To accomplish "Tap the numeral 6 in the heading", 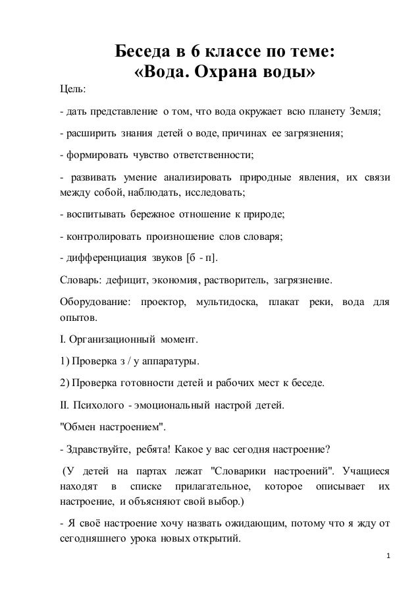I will [x=194, y=51].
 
